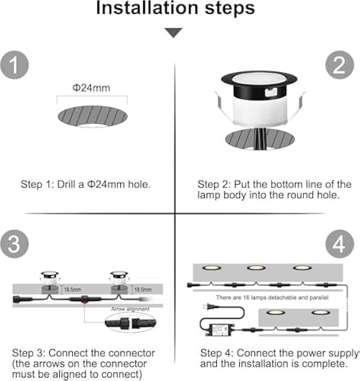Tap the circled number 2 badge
(339, 64)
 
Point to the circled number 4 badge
(339, 245)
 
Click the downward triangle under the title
(174, 33)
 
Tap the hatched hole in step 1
(93, 115)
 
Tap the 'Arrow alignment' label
(130, 308)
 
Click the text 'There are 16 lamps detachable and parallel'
(272, 298)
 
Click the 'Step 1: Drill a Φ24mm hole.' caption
(86, 184)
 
